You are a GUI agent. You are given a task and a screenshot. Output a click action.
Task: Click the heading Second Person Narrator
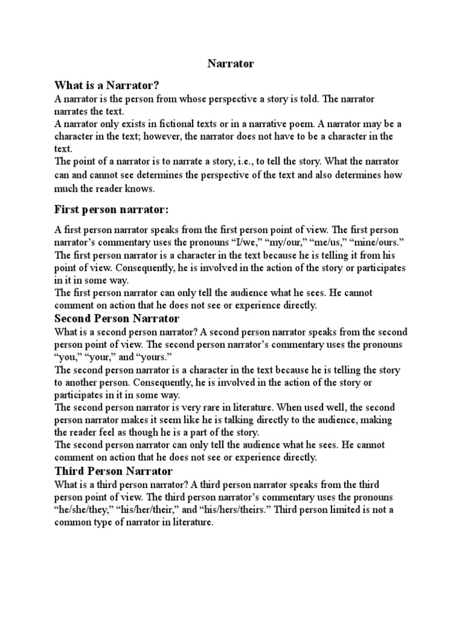(x=117, y=318)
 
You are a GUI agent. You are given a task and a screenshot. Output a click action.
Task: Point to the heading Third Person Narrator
(x=113, y=471)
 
